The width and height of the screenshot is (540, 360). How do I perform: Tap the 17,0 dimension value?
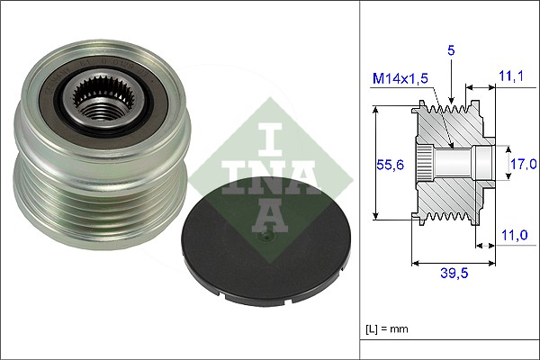click(522, 163)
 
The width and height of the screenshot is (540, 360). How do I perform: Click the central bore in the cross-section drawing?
click(468, 163)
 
